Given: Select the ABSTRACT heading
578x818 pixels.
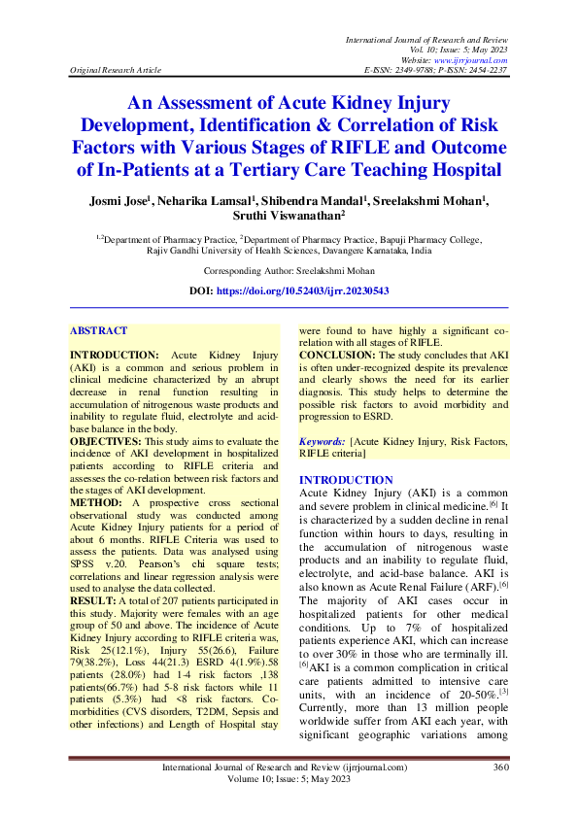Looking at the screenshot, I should (99, 331).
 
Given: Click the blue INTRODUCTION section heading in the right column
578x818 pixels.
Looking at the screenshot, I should (346, 480).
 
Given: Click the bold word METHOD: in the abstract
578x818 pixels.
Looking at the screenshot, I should (96, 503).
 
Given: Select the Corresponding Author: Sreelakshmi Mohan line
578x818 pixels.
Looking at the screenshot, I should (289, 271).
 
